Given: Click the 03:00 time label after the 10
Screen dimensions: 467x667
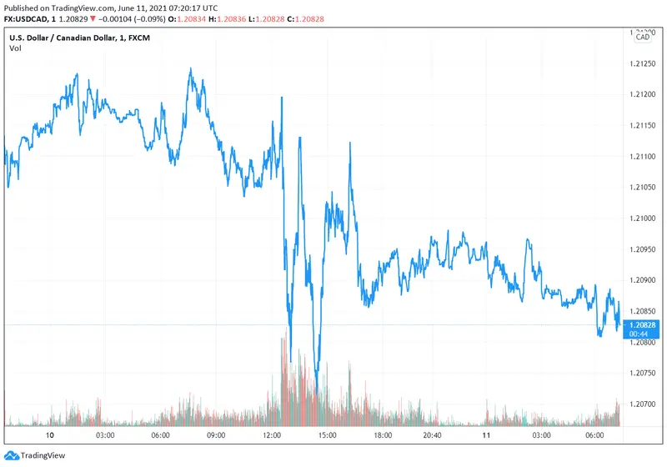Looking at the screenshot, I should pos(105,435).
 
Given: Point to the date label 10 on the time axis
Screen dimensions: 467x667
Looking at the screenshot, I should pos(49,435).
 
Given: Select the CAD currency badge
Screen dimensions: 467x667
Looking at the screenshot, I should pos(643,37).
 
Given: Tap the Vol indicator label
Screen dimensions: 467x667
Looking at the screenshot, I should pos(15,48).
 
